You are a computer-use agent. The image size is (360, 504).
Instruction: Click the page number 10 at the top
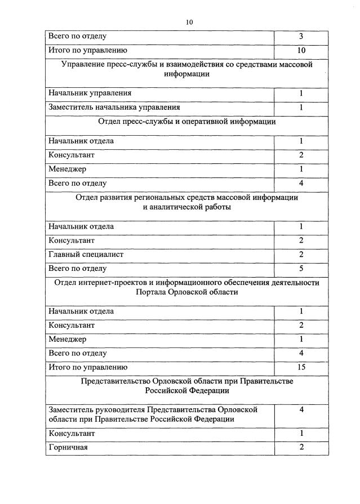189,23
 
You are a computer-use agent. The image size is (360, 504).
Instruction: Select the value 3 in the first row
301,37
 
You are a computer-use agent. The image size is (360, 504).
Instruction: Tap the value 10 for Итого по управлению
301,50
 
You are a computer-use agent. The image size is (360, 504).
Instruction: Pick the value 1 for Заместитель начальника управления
301,107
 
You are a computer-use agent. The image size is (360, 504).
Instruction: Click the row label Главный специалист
86,255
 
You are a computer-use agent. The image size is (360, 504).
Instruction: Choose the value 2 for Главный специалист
301,255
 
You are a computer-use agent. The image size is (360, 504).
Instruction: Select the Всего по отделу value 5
301,269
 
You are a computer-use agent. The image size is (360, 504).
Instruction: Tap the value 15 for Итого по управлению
301,368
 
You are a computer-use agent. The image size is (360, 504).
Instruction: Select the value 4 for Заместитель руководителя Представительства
301,409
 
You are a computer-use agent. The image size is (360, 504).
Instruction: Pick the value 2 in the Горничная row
301,447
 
